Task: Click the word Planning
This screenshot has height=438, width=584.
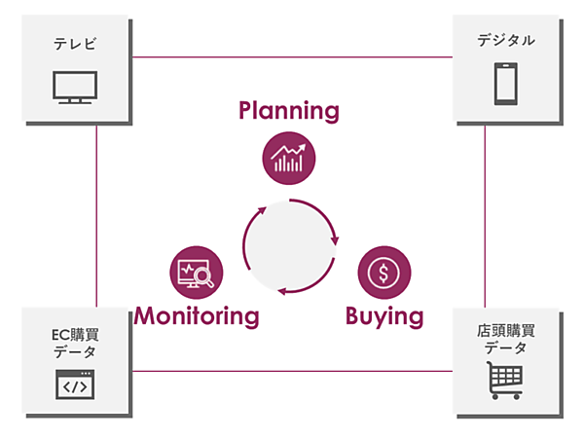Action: click(x=289, y=111)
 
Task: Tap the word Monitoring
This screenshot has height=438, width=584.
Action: click(x=197, y=316)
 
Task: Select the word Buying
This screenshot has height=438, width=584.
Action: click(x=384, y=316)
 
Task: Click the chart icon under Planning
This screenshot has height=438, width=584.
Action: click(x=288, y=157)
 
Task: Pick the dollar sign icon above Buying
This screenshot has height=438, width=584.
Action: click(x=384, y=272)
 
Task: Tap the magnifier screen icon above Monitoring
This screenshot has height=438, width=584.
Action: click(x=196, y=272)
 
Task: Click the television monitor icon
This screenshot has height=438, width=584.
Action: click(x=75, y=88)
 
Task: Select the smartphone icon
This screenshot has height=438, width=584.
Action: click(x=505, y=84)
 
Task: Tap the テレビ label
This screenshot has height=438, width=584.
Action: click(x=75, y=43)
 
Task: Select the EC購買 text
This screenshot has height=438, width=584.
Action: click(x=75, y=334)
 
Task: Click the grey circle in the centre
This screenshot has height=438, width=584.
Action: click(x=288, y=245)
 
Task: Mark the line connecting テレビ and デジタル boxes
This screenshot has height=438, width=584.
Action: click(x=292, y=56)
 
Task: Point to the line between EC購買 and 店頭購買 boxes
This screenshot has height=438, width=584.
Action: click(x=292, y=370)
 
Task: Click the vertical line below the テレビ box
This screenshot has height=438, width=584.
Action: click(x=97, y=214)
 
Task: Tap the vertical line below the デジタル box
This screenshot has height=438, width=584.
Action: click(x=485, y=214)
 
